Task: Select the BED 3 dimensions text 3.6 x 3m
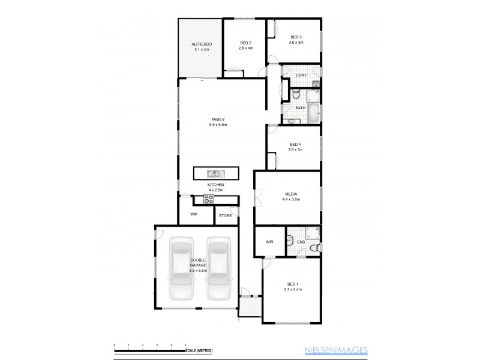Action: click(x=295, y=43)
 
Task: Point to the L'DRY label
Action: click(x=302, y=74)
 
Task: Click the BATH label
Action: click(x=301, y=108)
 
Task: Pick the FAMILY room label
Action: click(x=217, y=119)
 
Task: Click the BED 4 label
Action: click(x=295, y=144)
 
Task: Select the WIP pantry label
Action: click(x=194, y=214)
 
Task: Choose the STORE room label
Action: click(x=225, y=215)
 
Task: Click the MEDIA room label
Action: click(x=290, y=194)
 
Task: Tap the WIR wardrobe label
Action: click(x=270, y=242)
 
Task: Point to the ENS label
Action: click(x=302, y=242)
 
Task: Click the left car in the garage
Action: click(x=181, y=268)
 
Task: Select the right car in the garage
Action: click(x=219, y=268)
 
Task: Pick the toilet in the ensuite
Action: click(x=313, y=248)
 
